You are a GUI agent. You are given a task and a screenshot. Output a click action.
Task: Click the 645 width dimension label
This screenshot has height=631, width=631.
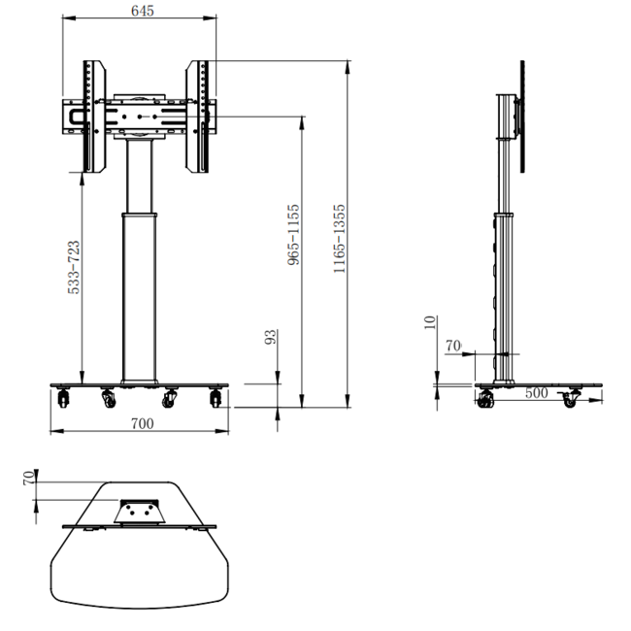(x=143, y=11)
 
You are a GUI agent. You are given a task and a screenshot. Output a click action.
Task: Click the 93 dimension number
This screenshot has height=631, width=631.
(x=272, y=337)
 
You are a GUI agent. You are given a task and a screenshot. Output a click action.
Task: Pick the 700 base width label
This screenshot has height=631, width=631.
(x=142, y=423)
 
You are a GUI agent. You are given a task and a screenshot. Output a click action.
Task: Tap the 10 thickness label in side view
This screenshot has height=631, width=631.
(x=431, y=322)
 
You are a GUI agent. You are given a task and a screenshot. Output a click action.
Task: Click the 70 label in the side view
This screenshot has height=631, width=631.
(x=452, y=345)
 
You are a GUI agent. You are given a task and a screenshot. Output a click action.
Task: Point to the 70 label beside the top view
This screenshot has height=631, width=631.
(x=28, y=476)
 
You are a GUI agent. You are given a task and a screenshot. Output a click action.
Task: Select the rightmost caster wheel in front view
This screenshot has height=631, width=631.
(x=216, y=398)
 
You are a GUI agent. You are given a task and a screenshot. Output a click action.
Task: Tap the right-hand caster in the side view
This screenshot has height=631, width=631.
(x=570, y=398)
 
